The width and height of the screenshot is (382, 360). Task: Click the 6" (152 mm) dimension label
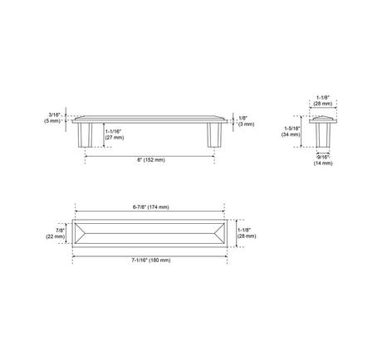click(x=151, y=160)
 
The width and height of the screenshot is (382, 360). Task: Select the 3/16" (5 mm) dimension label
click(x=52, y=118)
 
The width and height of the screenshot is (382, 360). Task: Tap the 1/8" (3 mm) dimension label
click(x=246, y=121)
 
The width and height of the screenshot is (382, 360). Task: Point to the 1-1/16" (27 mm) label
click(x=115, y=134)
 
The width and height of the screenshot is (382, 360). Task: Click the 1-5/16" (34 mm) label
click(x=291, y=131)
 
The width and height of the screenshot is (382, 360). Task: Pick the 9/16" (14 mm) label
click(x=323, y=160)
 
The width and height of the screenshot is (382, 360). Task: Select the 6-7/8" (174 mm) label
click(x=151, y=207)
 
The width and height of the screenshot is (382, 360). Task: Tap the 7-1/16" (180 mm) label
click(x=151, y=260)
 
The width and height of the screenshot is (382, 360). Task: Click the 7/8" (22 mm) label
click(x=56, y=233)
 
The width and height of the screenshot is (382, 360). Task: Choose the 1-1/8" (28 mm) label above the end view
click(x=323, y=100)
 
